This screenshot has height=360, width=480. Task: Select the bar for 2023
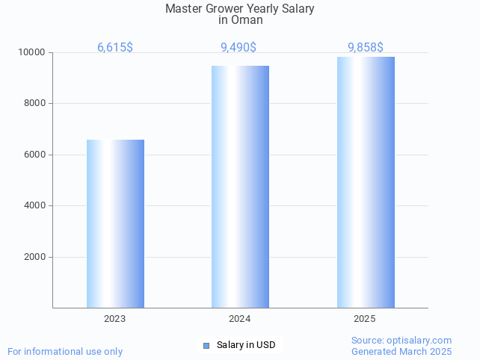[115, 223]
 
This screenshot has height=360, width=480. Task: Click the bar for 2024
[240, 187]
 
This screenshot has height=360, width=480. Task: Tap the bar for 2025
[366, 182]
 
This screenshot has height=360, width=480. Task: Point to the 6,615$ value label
[115, 48]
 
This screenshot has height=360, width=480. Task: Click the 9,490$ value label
[239, 48]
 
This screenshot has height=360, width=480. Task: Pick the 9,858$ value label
[366, 48]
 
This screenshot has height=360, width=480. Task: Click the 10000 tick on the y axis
[32, 53]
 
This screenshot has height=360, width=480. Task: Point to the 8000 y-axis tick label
[34, 104]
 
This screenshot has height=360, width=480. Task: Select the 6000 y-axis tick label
[34, 155]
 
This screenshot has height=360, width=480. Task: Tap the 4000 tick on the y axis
[34, 206]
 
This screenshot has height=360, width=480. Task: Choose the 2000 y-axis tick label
[34, 257]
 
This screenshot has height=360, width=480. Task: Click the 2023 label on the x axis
[115, 319]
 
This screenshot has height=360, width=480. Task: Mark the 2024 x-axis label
[240, 319]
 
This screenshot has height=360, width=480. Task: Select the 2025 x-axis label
[365, 319]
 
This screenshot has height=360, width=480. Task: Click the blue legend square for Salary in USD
[206, 345]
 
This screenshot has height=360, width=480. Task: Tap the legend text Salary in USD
[246, 345]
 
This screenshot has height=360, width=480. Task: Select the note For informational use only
[65, 351]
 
